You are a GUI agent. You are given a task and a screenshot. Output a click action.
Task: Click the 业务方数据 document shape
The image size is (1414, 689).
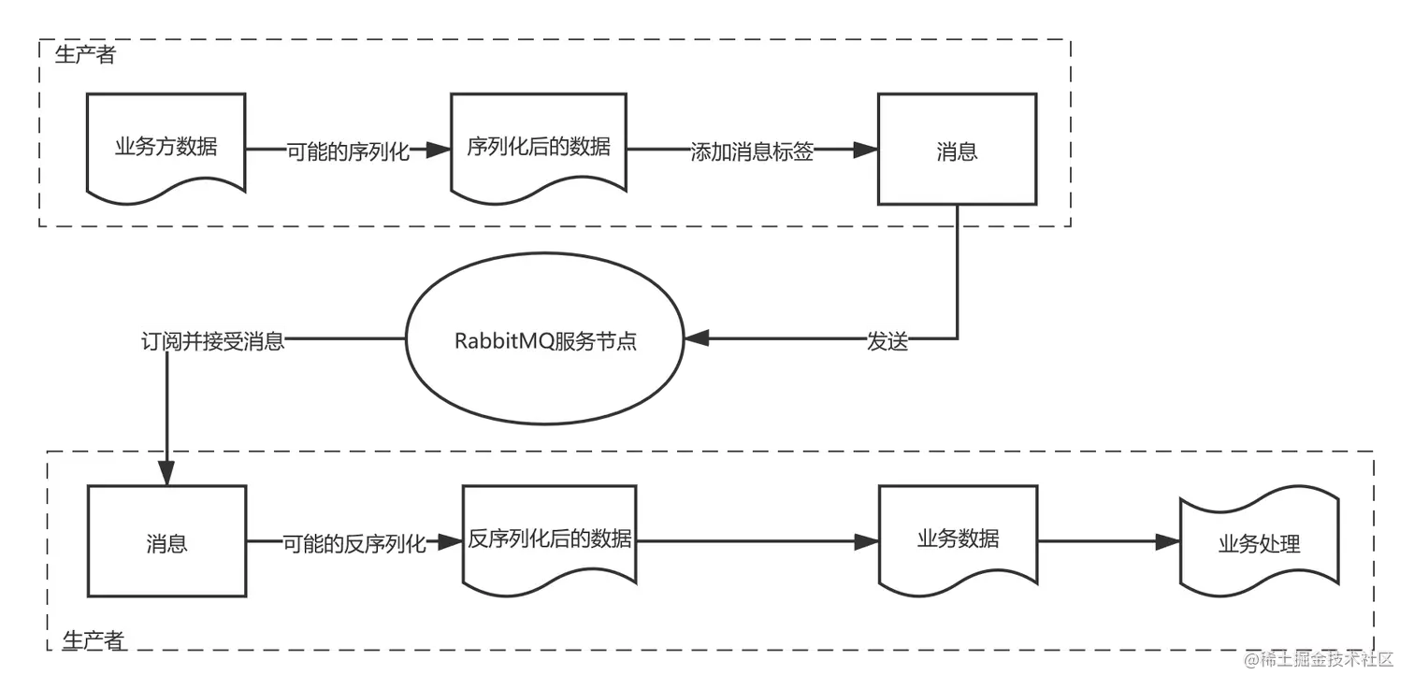(166, 147)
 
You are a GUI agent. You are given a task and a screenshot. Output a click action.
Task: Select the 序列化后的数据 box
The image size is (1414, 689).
(538, 147)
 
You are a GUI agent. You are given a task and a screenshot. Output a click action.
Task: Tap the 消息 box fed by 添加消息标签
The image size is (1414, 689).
(956, 150)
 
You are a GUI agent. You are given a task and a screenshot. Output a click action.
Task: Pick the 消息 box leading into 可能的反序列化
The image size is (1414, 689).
(166, 542)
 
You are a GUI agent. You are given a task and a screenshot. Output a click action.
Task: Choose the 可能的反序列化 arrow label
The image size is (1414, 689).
(354, 543)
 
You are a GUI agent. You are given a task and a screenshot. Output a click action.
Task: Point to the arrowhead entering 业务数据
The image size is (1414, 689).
(866, 542)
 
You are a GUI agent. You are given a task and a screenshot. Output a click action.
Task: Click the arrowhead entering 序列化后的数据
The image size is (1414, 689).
(438, 150)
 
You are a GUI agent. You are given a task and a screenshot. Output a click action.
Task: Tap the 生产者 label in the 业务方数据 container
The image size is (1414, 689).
(85, 55)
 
